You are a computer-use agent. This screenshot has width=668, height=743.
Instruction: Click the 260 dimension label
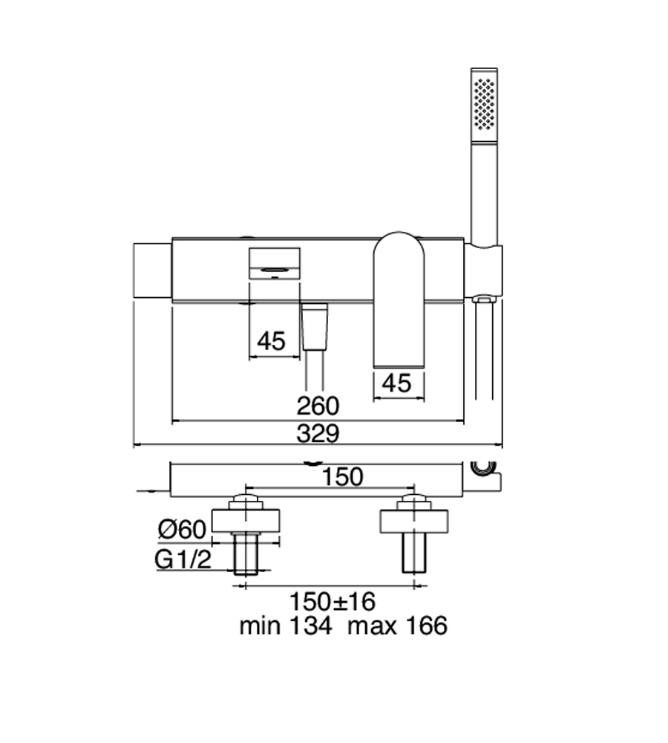coord(318,406)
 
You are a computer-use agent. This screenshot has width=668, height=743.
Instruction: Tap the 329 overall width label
coord(318,433)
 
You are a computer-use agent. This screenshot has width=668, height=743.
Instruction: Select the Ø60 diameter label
coord(183,529)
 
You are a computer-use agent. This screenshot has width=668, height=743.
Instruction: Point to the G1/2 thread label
coord(183,559)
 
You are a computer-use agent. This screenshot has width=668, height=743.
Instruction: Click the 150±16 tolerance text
coord(332,602)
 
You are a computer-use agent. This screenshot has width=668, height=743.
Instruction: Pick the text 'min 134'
coord(286,626)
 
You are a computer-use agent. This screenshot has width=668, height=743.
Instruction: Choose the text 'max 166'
coord(397,626)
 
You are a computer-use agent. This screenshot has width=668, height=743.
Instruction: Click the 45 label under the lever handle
coord(397,383)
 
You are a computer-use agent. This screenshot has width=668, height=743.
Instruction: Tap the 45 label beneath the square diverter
coord(271,341)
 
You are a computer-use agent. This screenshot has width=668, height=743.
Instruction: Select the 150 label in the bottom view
coord(342,477)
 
